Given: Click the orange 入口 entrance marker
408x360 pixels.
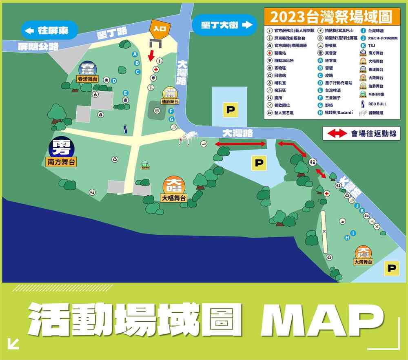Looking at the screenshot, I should pyautogui.click(x=157, y=28).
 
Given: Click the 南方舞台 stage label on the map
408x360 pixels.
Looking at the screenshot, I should pyautogui.click(x=62, y=162).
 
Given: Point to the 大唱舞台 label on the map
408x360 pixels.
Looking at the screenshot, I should pyautogui.click(x=173, y=198).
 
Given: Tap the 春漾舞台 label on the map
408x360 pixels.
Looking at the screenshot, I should pyautogui.click(x=87, y=79).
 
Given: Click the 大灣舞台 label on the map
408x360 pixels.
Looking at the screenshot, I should pyautogui.click(x=364, y=262).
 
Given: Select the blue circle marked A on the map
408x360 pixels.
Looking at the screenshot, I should pyautogui.click(x=134, y=54).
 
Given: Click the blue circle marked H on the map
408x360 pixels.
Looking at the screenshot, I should pyautogui.click(x=347, y=238).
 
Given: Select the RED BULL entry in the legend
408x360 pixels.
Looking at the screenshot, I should pyautogui.click(x=377, y=104).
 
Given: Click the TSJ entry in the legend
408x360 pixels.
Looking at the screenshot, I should pyautogui.click(x=371, y=45).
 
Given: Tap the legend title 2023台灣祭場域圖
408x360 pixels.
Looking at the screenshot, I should pyautogui.click(x=330, y=17).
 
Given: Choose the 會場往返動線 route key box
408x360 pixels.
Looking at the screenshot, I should pyautogui.click(x=361, y=133).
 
